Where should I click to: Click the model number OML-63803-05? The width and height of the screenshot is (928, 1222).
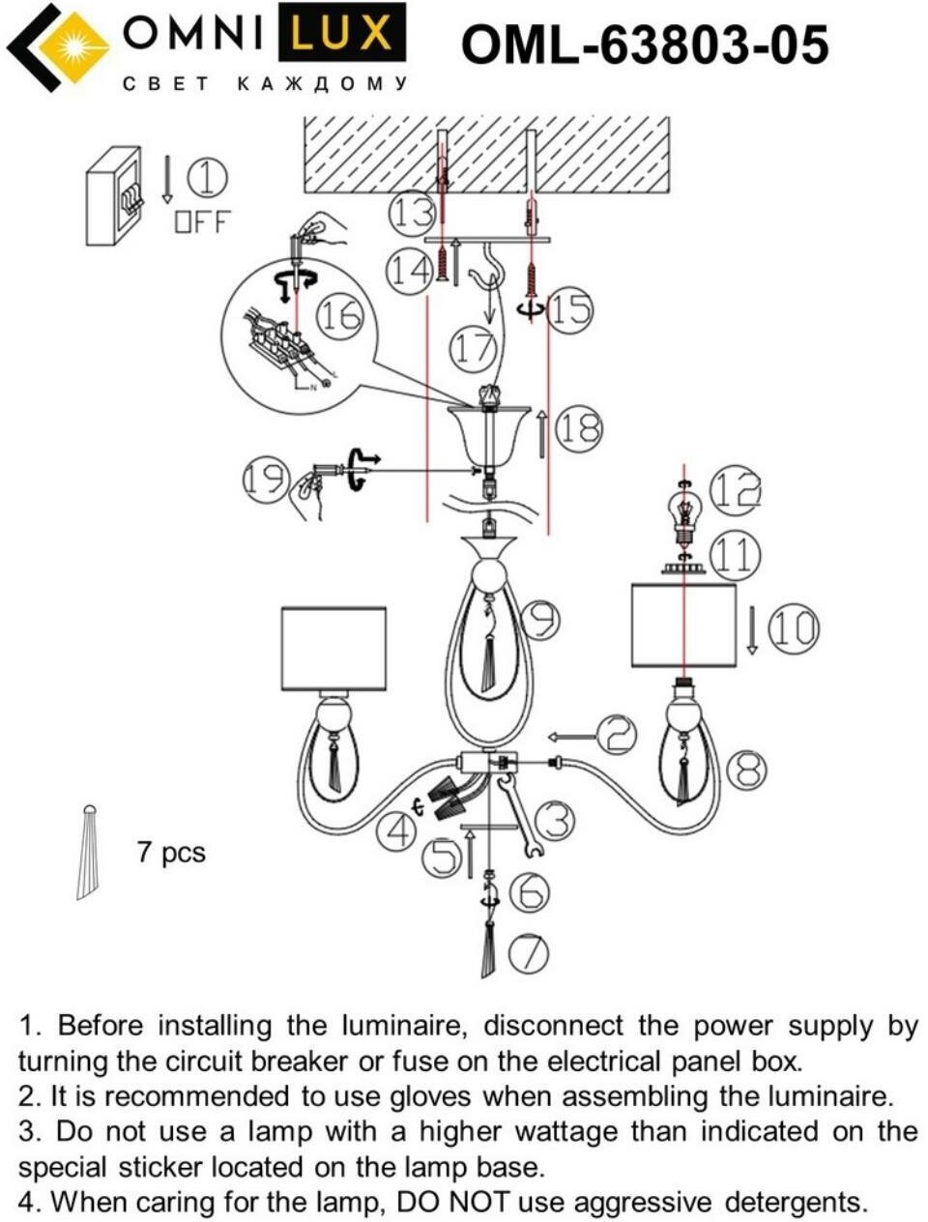(644, 44)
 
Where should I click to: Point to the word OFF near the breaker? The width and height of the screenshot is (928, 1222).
(203, 221)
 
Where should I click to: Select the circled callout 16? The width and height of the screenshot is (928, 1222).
(340, 316)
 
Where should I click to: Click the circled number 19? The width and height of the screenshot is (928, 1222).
(264, 479)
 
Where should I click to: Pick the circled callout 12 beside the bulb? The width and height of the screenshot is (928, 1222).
(735, 491)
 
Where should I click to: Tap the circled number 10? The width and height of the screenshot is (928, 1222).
(793, 628)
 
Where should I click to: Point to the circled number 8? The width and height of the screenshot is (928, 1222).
(745, 771)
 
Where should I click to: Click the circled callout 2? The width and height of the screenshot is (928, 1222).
(616, 735)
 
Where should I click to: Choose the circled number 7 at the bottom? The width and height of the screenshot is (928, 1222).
(528, 954)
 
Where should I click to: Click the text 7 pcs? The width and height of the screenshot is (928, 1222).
(171, 852)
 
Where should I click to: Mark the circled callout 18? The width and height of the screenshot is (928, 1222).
(580, 427)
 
